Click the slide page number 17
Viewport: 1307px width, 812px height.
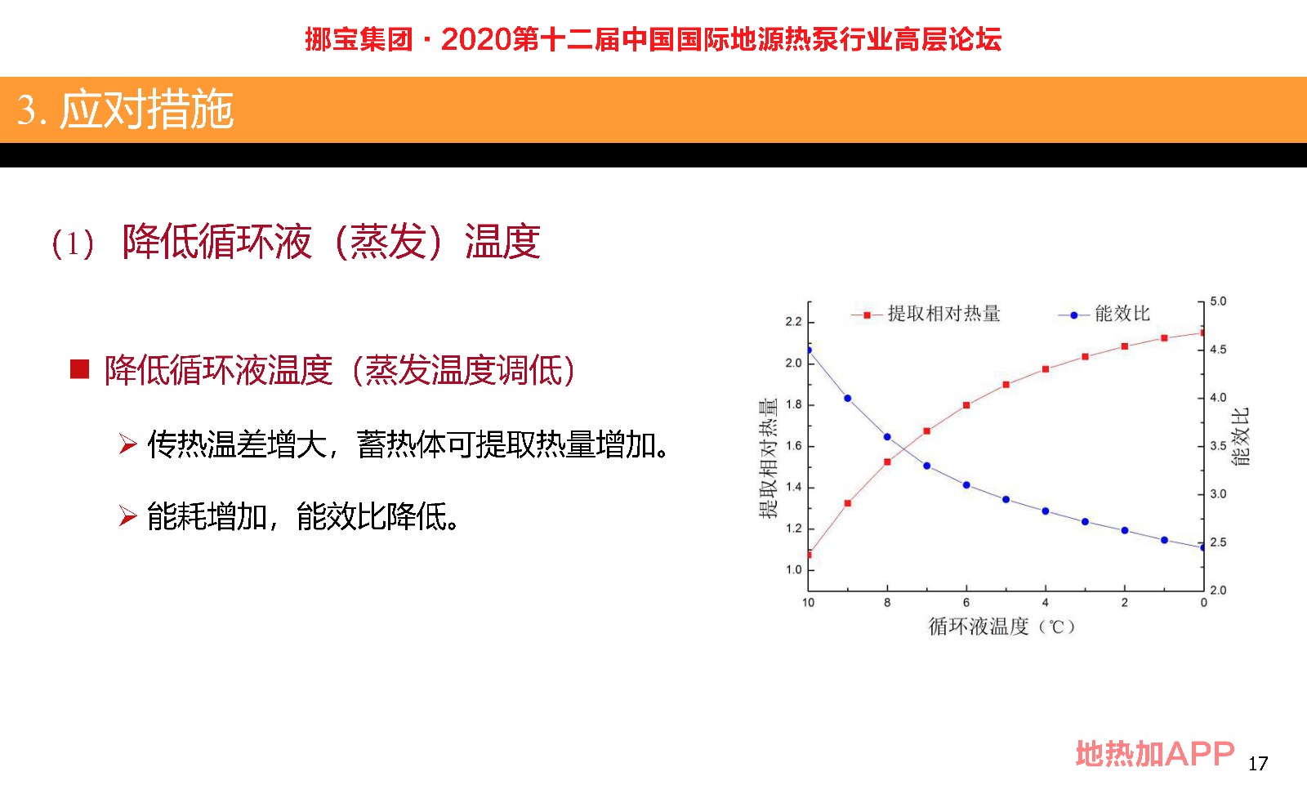pyautogui.click(x=1258, y=764)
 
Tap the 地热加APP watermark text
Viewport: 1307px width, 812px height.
pyautogui.click(x=1155, y=754)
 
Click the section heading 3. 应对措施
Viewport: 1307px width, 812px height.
pyautogui.click(x=125, y=109)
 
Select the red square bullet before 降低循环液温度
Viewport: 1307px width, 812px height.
pyautogui.click(x=79, y=369)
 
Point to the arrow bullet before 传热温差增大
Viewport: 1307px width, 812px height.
pyautogui.click(x=127, y=444)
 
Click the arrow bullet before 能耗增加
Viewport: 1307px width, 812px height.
pyautogui.click(x=127, y=515)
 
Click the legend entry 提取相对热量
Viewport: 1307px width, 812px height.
pyautogui.click(x=926, y=314)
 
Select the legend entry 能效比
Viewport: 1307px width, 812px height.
pyautogui.click(x=1104, y=314)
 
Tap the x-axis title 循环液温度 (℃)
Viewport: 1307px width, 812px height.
pyautogui.click(x=1001, y=627)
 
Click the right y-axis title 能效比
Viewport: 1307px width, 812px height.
pyautogui.click(x=1240, y=436)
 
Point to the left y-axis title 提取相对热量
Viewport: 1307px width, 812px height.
pyautogui.click(x=768, y=457)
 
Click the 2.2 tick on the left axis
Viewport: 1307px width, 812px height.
pyautogui.click(x=793, y=322)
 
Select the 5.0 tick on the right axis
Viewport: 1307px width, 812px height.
pyautogui.click(x=1218, y=301)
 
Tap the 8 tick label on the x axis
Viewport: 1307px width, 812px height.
pyautogui.click(x=887, y=603)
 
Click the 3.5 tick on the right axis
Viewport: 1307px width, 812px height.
pyautogui.click(x=1218, y=446)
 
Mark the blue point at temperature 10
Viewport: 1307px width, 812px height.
pyautogui.click(x=809, y=350)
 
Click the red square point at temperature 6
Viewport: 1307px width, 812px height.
pyautogui.click(x=966, y=405)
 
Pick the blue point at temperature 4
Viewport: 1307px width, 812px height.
pyautogui.click(x=1046, y=511)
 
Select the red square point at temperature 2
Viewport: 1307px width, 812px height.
pyautogui.click(x=1125, y=346)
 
